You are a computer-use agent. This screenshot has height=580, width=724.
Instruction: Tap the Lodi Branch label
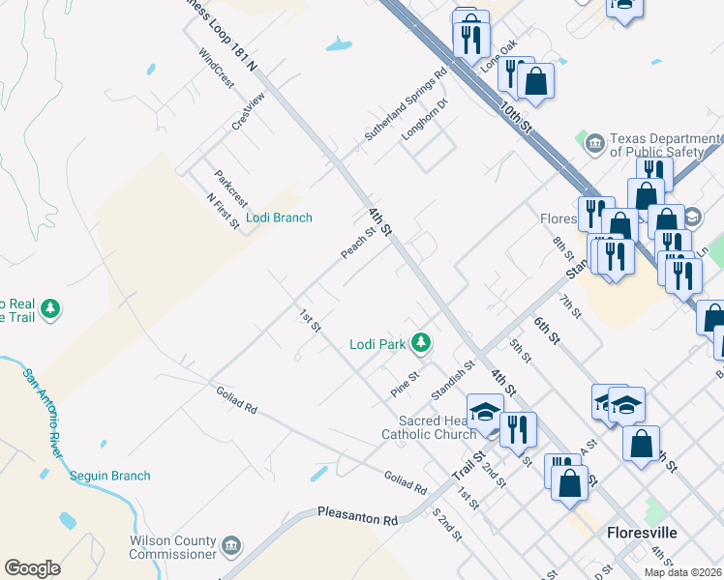point(279,217)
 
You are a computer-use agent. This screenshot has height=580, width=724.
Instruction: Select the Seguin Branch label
point(109,476)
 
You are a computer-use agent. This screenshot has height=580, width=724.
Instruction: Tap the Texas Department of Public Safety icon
point(595,145)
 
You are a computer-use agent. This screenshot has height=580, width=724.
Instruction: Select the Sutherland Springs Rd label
point(406,104)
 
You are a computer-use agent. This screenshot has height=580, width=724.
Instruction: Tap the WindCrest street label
point(216,69)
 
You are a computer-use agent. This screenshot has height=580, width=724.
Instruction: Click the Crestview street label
point(248,112)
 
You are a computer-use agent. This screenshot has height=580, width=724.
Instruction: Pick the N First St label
point(223,211)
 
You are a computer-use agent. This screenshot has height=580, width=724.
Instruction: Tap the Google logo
point(32,568)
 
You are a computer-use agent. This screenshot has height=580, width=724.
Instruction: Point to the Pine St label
point(405,384)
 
